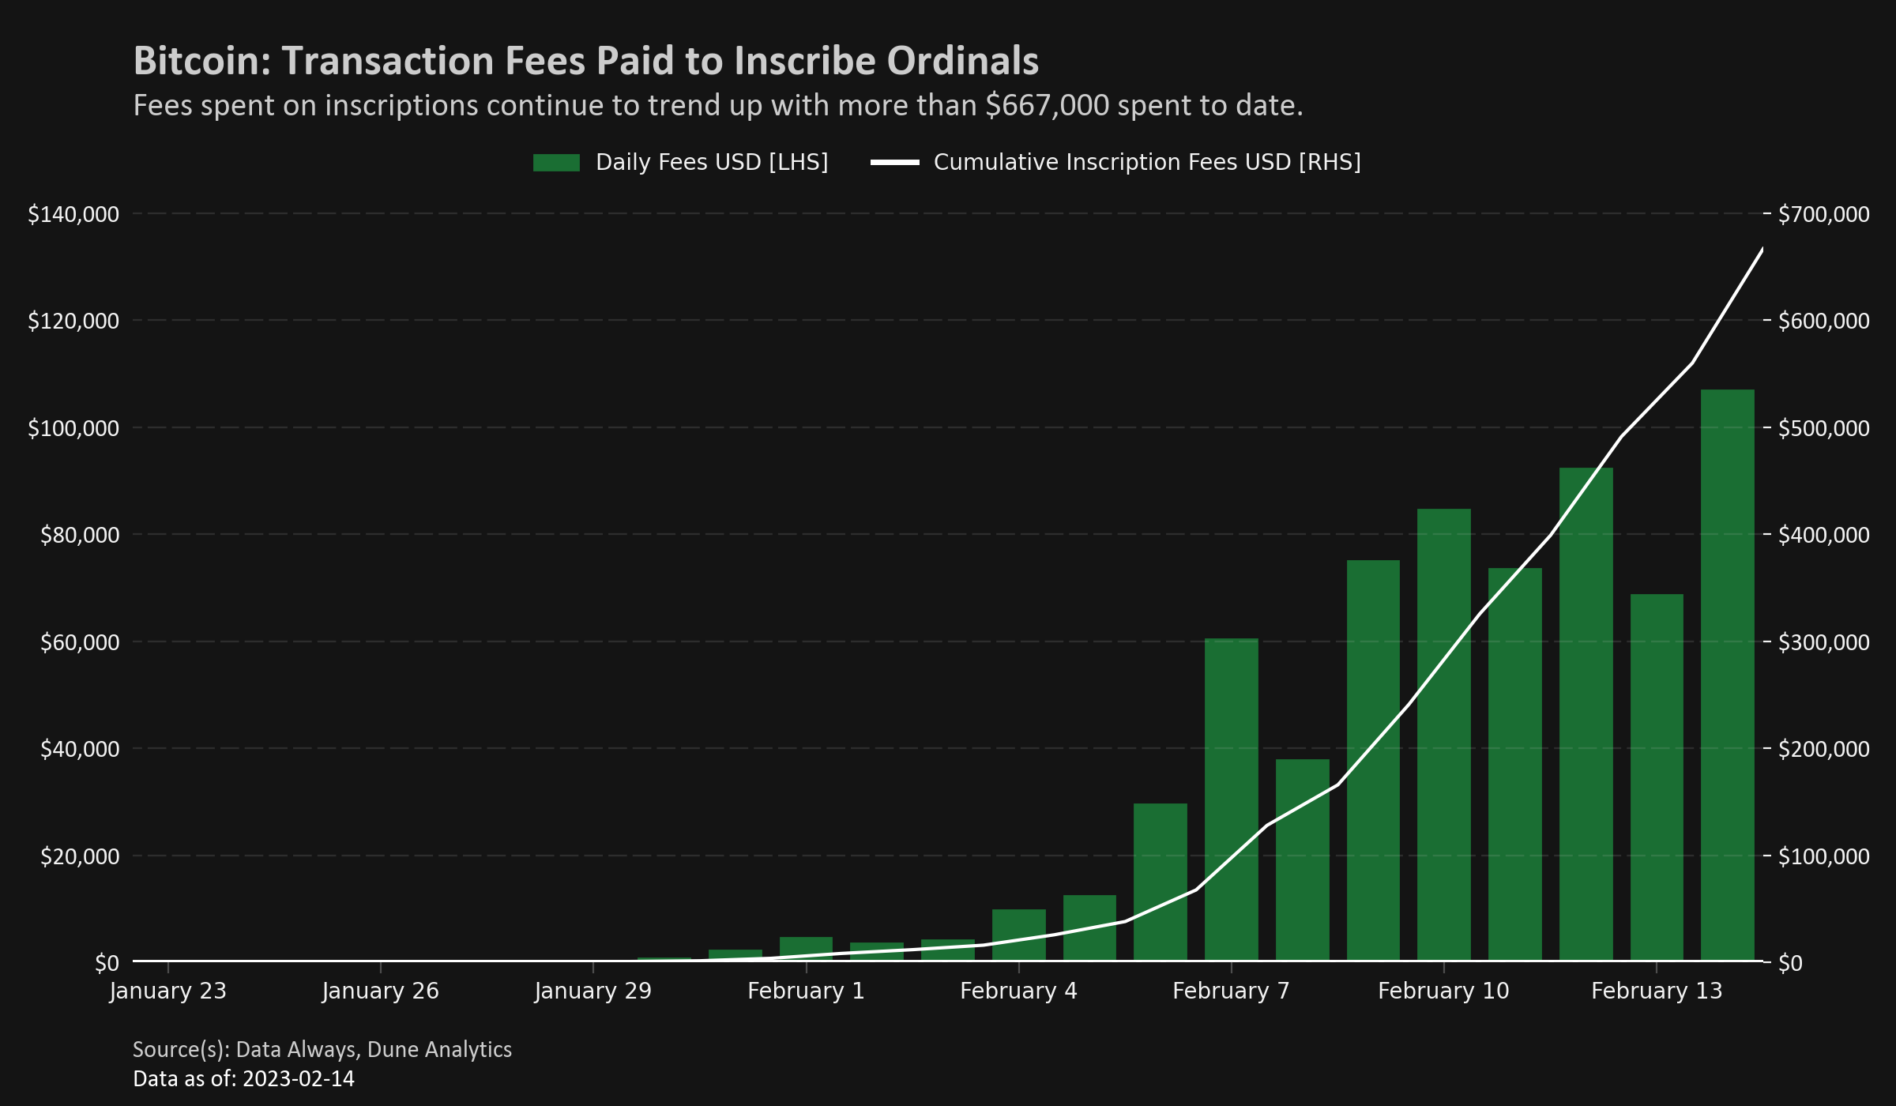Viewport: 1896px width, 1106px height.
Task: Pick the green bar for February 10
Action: pos(1443,735)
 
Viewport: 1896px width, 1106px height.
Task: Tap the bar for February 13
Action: pos(1657,778)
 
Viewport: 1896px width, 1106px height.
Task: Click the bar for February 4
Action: pos(1018,935)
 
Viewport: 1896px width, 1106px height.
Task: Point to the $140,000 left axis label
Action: pos(73,214)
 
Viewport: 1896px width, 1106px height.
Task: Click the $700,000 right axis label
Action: pos(1823,214)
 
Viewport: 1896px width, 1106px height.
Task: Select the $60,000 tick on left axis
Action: pos(80,642)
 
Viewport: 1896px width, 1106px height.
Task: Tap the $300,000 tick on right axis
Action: pos(1823,642)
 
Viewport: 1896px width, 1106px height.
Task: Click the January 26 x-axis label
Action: pos(380,991)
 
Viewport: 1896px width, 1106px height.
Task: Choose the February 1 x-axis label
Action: pos(806,991)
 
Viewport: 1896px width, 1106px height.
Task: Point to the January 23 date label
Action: pos(167,991)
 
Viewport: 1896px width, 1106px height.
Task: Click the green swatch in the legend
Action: pos(556,163)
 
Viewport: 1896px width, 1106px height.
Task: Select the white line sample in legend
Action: pos(894,163)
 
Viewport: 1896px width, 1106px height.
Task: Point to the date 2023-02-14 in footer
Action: pos(299,1079)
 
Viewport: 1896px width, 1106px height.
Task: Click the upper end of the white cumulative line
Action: pos(1762,250)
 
